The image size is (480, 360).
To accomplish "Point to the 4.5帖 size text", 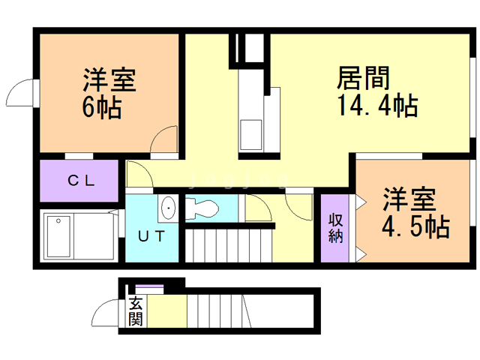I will (409, 226).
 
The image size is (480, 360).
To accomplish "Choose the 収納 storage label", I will (334, 227).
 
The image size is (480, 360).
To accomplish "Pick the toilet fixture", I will (200, 208).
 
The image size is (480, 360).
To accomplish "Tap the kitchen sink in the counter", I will (250, 136).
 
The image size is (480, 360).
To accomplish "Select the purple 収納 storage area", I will (334, 227).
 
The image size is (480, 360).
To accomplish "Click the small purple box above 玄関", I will (149, 288).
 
